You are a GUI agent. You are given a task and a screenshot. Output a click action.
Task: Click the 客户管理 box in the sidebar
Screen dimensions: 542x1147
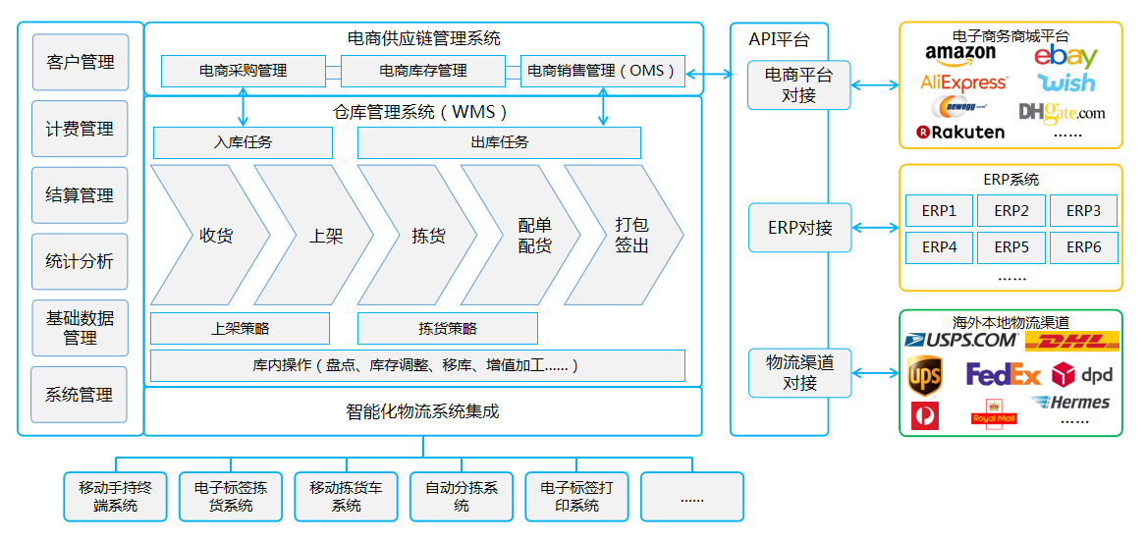tap(81, 62)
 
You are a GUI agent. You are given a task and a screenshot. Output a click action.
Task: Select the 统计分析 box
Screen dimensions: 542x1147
tap(81, 261)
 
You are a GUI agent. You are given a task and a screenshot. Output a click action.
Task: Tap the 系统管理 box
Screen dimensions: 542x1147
tap(80, 395)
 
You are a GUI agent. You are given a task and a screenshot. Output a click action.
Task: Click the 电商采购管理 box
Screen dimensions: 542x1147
tap(243, 71)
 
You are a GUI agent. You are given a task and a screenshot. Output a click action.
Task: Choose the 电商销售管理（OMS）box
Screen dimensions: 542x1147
tap(602, 71)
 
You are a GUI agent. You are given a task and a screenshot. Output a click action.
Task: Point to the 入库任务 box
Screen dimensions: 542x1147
tap(243, 142)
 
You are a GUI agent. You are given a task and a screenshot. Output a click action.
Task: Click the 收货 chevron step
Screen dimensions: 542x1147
tap(212, 236)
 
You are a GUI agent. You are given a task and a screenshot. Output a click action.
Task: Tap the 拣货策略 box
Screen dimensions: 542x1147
tap(448, 328)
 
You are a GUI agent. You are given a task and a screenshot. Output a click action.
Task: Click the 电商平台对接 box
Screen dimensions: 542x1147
tap(799, 84)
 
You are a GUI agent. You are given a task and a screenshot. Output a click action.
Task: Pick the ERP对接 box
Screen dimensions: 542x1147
tap(799, 228)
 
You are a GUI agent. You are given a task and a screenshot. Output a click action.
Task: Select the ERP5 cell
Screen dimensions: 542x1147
tap(1010, 247)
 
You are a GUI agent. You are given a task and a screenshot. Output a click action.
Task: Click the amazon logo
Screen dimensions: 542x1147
tap(960, 53)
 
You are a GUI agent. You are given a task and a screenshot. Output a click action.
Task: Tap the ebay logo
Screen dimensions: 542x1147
tap(1065, 55)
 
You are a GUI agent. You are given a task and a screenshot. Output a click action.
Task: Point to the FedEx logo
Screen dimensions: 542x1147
tap(1003, 374)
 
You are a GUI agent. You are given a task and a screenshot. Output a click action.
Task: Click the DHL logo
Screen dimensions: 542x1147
tap(1072, 342)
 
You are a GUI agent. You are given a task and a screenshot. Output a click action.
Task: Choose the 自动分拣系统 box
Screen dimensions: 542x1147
tap(462, 496)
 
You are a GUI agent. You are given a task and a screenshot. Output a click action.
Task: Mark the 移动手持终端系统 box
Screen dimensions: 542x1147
tap(116, 496)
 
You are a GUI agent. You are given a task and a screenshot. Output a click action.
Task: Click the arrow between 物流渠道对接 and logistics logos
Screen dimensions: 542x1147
tap(875, 373)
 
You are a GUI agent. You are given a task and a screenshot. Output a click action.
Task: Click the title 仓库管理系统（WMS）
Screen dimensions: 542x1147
tap(423, 112)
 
